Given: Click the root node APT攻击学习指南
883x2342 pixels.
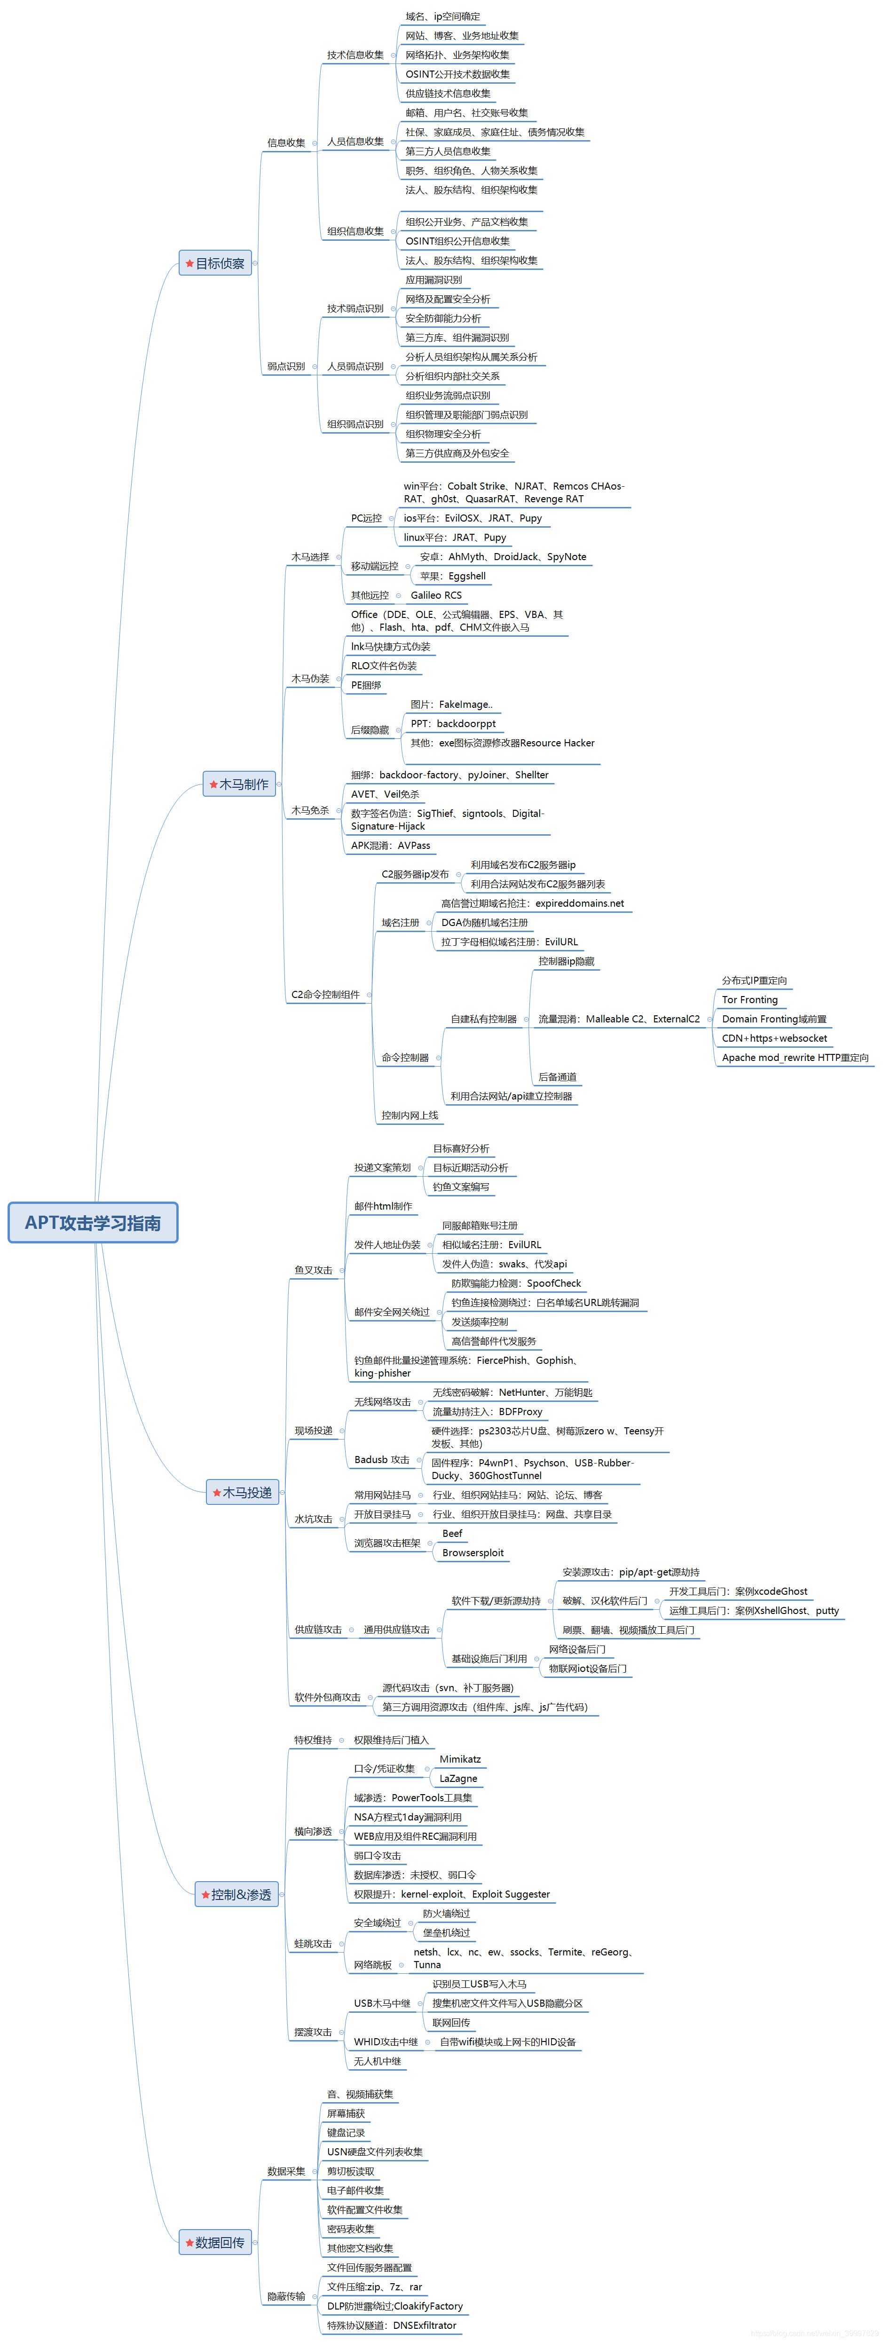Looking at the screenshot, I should [x=93, y=1223].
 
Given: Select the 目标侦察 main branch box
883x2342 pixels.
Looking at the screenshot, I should [x=215, y=264].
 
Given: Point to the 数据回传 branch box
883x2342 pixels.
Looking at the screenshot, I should [x=215, y=2243].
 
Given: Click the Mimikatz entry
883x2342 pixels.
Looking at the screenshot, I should [x=460, y=1759].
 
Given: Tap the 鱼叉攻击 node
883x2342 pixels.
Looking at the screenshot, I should [x=313, y=1270].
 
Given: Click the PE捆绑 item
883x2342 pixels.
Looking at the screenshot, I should [x=366, y=686].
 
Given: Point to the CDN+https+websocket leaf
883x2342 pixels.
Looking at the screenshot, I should [x=774, y=1038].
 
